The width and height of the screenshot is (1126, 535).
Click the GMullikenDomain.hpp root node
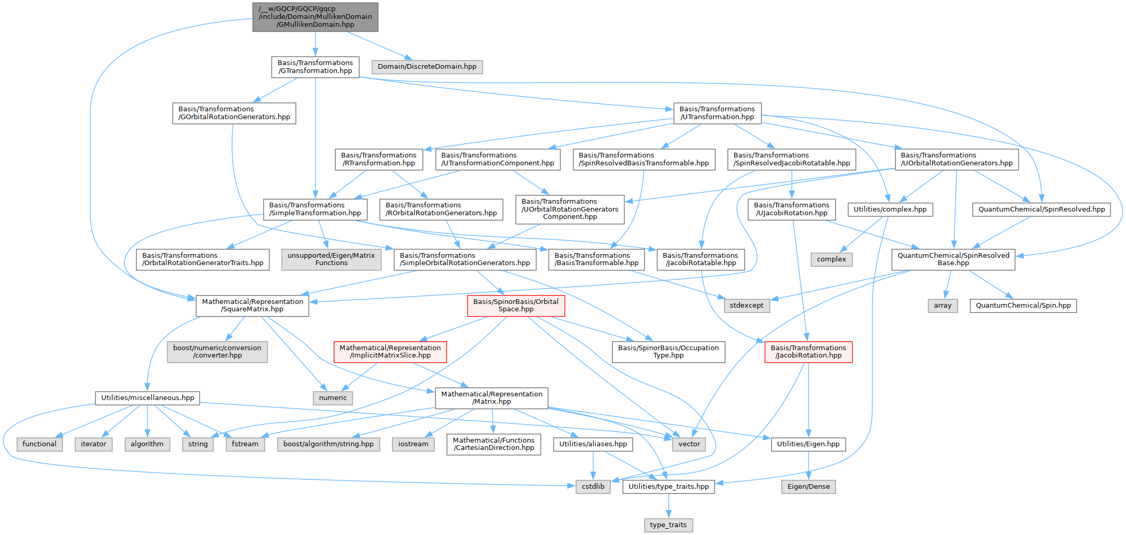pos(315,17)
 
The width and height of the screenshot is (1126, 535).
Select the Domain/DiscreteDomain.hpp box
pos(427,67)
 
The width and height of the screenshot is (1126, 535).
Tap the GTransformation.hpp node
pos(315,67)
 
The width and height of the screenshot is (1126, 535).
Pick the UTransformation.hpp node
pos(717,113)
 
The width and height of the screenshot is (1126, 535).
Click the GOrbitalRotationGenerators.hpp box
pos(234,113)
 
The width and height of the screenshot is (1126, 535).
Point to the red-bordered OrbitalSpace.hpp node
pos(516,306)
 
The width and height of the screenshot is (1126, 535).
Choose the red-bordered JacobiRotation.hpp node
pos(809,352)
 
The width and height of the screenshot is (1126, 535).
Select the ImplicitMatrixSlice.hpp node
pos(390,352)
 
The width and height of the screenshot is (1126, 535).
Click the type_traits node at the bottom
pos(668,525)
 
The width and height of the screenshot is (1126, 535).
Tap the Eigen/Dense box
pos(809,487)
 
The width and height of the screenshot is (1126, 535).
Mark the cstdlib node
pos(593,487)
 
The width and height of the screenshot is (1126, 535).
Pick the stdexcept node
pos(747,306)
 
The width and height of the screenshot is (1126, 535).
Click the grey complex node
pos(832,259)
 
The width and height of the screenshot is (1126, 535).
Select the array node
pos(942,306)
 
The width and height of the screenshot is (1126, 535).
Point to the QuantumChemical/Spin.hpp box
pos(1023,306)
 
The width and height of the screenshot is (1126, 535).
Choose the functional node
pos(39,444)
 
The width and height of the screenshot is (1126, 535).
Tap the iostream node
pos(413,444)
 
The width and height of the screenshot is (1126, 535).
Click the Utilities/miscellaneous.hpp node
pos(147,398)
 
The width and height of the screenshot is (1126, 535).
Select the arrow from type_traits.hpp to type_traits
pos(668,506)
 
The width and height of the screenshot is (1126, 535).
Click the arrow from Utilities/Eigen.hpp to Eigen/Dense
pos(809,466)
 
